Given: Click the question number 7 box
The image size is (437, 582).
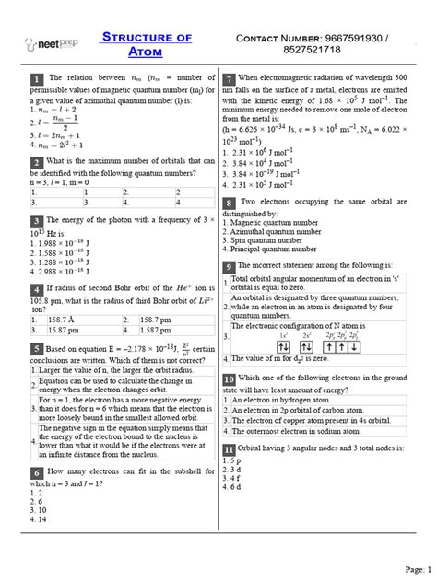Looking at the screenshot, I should click(229, 81).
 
